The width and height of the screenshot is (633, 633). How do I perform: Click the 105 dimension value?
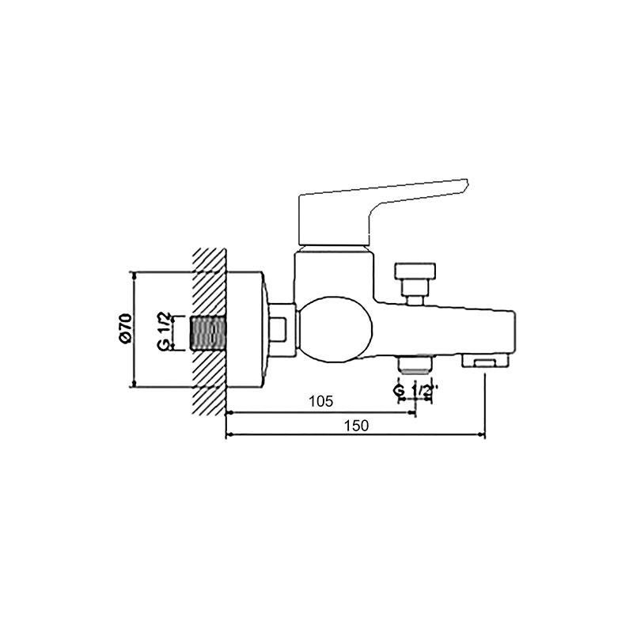(320, 401)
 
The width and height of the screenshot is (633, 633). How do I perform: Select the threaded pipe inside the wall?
(209, 333)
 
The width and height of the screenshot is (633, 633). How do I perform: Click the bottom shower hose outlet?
(415, 365)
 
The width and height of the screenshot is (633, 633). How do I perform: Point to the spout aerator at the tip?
(485, 362)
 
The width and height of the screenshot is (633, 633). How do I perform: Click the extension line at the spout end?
(485, 404)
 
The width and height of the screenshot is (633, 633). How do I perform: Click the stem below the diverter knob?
(414, 296)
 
